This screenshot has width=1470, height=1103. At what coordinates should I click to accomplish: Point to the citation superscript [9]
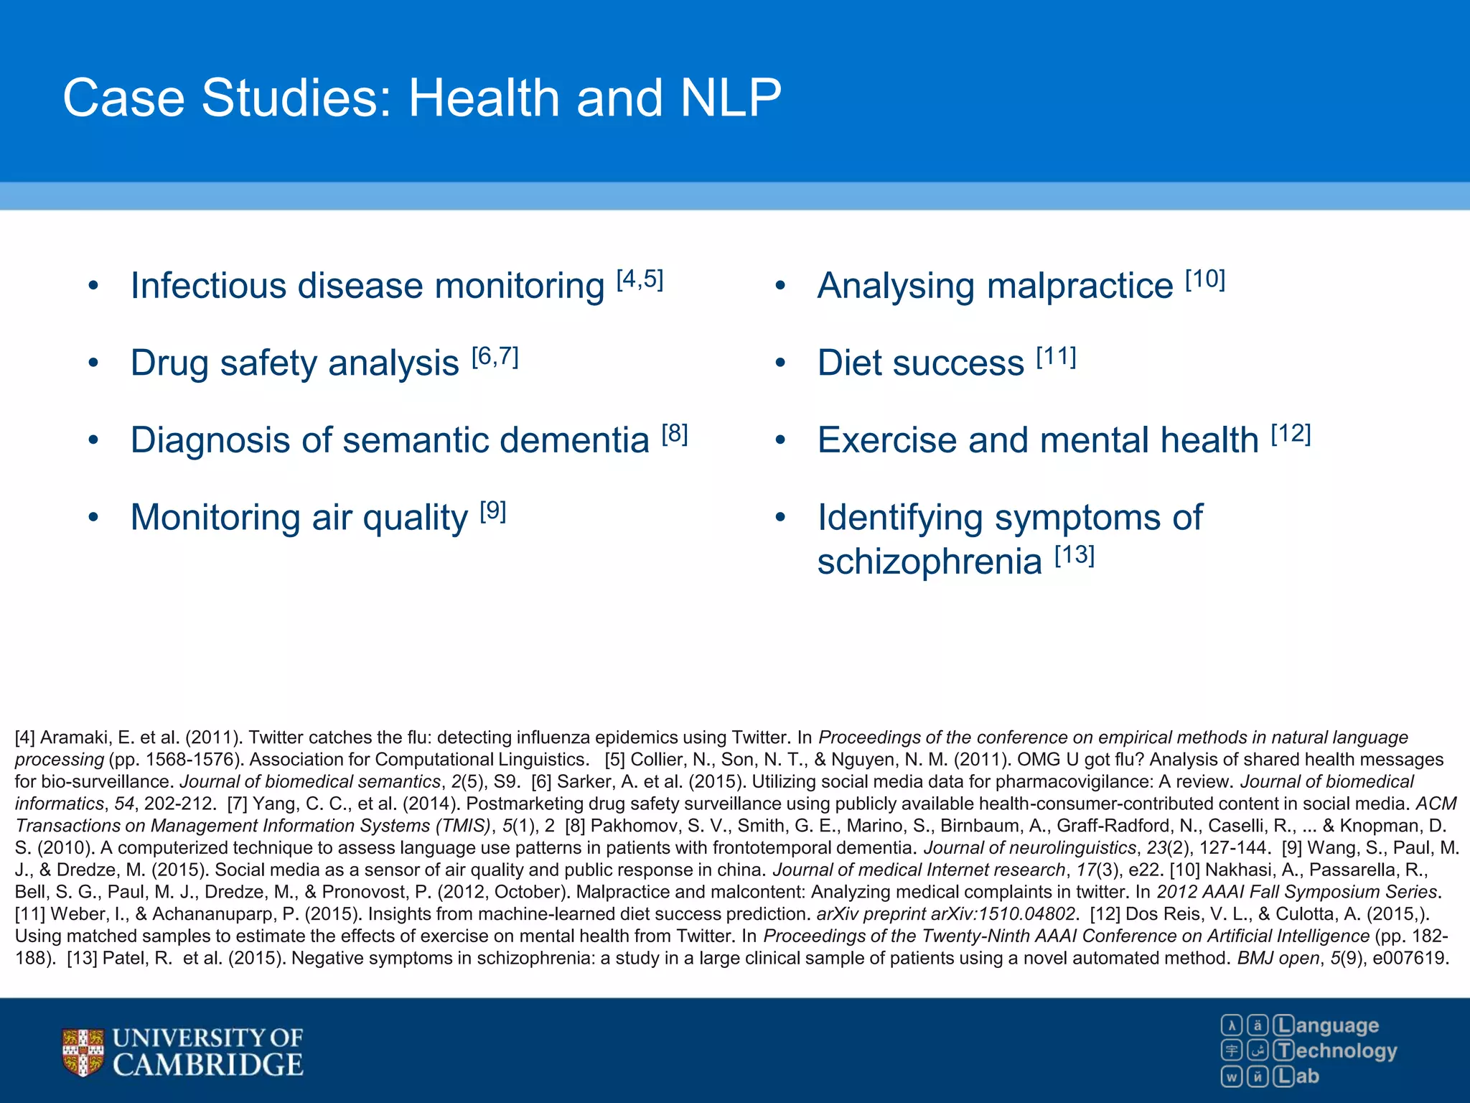click(493, 511)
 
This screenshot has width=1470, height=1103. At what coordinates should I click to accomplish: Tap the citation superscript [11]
click(1056, 356)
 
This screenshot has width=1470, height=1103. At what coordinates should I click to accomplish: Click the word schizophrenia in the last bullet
click(929, 562)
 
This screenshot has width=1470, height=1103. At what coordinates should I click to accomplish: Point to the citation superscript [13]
click(1075, 555)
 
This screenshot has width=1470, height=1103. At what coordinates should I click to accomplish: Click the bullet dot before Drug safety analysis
click(93, 363)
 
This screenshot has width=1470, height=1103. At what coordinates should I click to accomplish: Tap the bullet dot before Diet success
click(780, 363)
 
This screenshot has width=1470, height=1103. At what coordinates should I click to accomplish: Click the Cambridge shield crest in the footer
click(83, 1053)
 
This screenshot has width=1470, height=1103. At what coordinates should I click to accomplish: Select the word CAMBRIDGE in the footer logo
click(208, 1065)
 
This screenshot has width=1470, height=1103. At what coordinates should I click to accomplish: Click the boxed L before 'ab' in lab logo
click(1284, 1076)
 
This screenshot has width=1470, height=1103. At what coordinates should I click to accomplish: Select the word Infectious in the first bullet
click(207, 287)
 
